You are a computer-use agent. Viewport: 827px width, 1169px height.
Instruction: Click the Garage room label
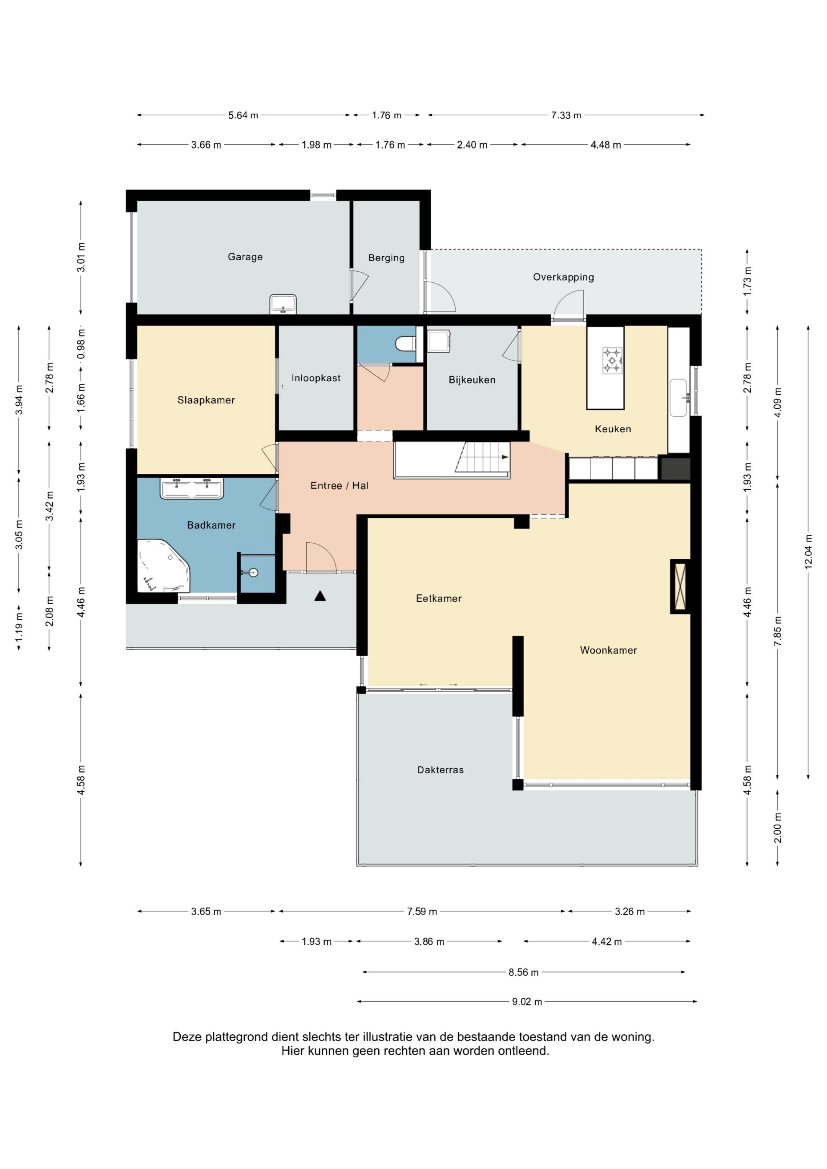[x=245, y=257]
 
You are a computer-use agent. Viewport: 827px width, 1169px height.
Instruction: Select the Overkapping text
[x=563, y=277]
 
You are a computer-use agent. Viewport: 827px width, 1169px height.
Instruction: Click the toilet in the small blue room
[x=406, y=344]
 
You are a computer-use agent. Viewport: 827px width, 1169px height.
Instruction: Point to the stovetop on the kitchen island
[x=612, y=360]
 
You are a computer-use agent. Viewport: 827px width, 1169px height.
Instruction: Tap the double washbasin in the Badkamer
[x=192, y=488]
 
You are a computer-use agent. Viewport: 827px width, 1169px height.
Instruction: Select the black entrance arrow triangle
[x=320, y=596]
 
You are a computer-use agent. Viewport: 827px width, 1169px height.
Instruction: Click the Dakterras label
[x=440, y=770]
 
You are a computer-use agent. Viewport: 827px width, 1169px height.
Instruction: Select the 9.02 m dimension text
[x=527, y=1001]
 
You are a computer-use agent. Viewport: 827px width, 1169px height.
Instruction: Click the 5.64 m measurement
[x=243, y=115]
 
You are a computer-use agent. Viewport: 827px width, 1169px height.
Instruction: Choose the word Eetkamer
[x=439, y=598]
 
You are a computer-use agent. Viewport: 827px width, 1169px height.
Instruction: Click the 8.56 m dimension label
[x=523, y=972]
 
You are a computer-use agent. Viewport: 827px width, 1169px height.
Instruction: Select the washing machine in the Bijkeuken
[x=439, y=341]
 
